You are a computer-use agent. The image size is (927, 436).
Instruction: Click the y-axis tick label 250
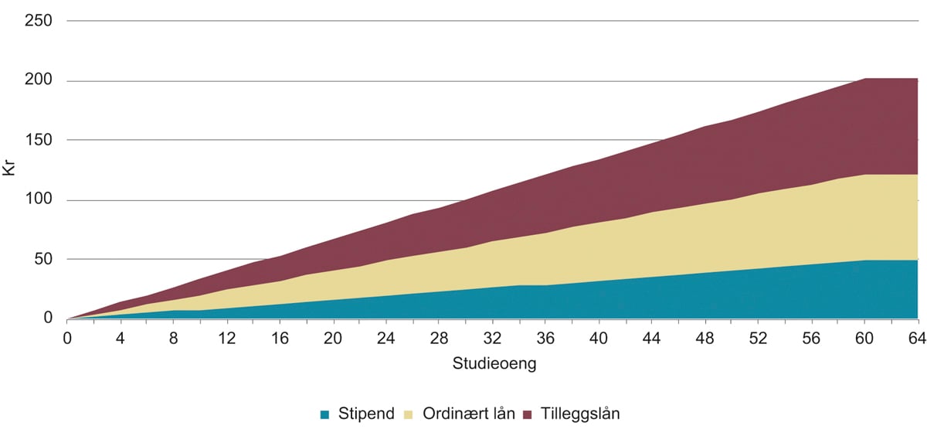click(38, 21)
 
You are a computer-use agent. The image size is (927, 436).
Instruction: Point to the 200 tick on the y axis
click(38, 80)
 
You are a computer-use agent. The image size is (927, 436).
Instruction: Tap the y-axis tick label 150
click(38, 140)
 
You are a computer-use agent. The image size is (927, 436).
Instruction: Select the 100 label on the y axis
click(38, 199)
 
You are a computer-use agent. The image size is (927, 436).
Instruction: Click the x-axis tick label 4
click(121, 339)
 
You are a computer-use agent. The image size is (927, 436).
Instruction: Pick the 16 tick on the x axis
click(280, 339)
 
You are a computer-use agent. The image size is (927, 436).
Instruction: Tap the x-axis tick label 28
click(439, 339)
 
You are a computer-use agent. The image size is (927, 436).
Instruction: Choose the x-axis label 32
click(492, 339)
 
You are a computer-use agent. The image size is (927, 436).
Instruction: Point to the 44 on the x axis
click(651, 339)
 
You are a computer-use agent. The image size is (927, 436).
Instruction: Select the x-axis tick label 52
click(758, 339)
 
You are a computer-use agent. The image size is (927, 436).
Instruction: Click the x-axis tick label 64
click(917, 339)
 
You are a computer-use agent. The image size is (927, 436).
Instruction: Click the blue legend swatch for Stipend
click(325, 414)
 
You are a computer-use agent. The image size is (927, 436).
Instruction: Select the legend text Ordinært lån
click(468, 414)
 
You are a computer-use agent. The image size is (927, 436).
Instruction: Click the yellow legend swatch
click(409, 414)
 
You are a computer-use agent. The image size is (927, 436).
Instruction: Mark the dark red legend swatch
click(527, 414)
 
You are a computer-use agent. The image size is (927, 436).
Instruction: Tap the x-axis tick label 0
click(67, 339)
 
